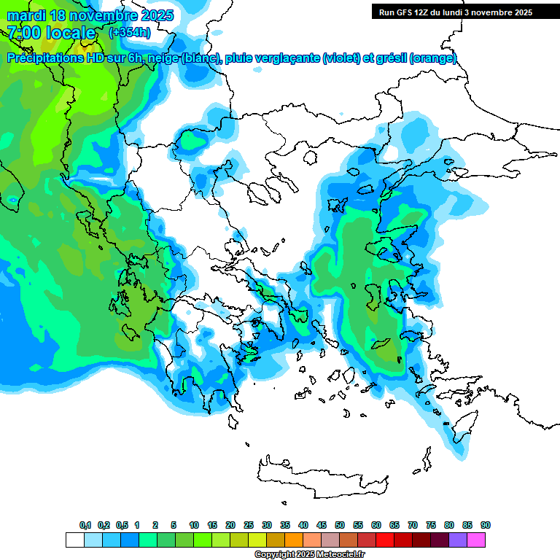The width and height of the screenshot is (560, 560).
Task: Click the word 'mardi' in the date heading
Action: point(26,15)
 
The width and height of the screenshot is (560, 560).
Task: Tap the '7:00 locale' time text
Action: point(52,33)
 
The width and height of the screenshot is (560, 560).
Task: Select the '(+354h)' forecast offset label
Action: point(129,32)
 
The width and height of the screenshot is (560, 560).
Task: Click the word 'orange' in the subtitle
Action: point(433,58)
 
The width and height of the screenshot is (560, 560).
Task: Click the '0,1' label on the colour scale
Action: point(85,525)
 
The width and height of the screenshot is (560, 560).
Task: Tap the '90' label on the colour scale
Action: point(486,525)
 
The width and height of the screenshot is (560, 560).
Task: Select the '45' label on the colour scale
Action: point(322,525)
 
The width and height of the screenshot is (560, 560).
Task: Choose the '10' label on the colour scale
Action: point(194,525)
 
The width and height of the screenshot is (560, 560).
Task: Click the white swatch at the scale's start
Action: point(74,540)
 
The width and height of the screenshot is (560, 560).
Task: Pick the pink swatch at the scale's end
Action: point(476,540)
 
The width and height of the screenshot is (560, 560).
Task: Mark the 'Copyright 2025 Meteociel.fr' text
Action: point(309,554)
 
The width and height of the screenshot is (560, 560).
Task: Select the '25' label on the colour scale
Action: point(249,525)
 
